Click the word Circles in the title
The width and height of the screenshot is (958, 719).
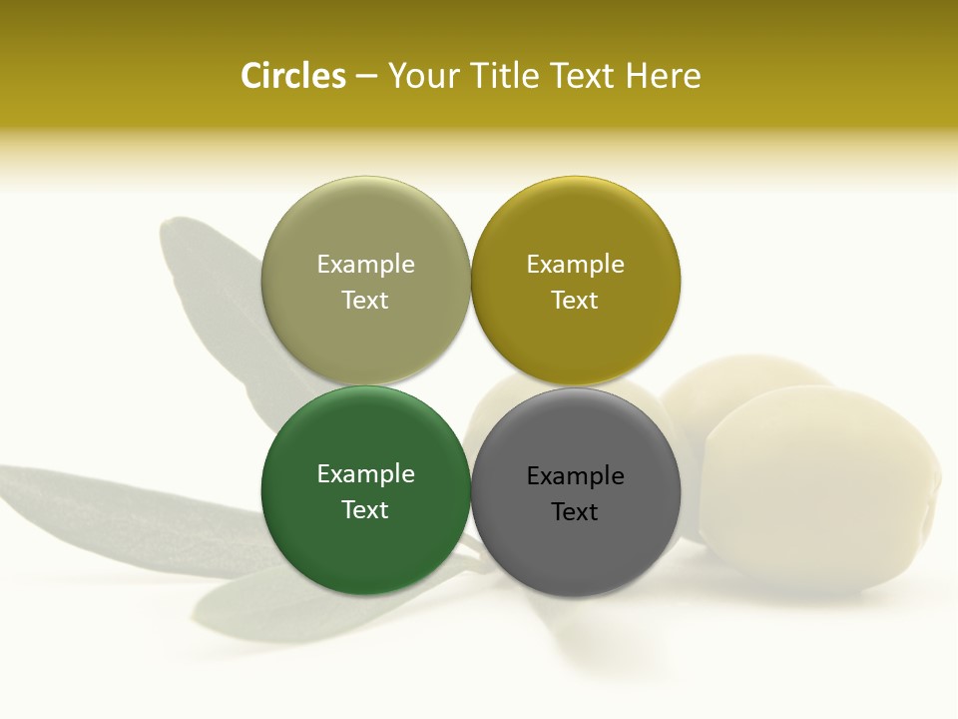coord(293,76)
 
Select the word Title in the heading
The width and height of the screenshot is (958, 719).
coord(507,76)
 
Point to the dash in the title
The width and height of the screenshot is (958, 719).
coord(366,77)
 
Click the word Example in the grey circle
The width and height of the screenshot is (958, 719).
coord(575,476)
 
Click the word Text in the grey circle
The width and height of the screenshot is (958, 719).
coord(575,512)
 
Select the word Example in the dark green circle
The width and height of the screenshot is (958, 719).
coord(365,474)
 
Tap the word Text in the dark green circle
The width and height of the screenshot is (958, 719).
coord(365,510)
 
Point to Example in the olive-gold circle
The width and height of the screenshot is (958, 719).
coord(575,265)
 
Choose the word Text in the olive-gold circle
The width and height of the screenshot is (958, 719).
coord(575,301)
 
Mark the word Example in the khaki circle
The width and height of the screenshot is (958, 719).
coord(365,265)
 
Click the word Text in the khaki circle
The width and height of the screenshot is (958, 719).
coord(365,301)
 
